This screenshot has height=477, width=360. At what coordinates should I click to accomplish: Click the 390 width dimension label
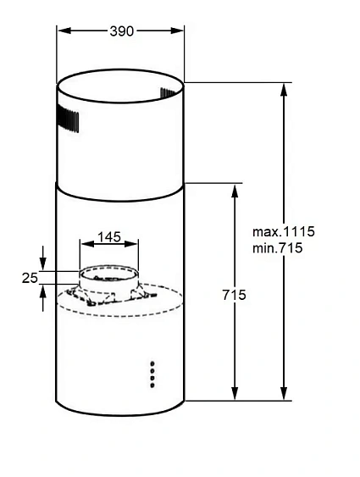click(x=120, y=31)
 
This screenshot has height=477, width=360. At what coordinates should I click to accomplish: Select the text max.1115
click(x=283, y=232)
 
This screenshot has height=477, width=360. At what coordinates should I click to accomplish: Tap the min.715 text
click(x=278, y=248)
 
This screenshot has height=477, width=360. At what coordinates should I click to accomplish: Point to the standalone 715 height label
click(x=234, y=296)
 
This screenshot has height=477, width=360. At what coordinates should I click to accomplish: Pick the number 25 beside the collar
click(x=30, y=277)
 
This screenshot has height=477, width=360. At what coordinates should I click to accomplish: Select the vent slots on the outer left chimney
click(x=71, y=120)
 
